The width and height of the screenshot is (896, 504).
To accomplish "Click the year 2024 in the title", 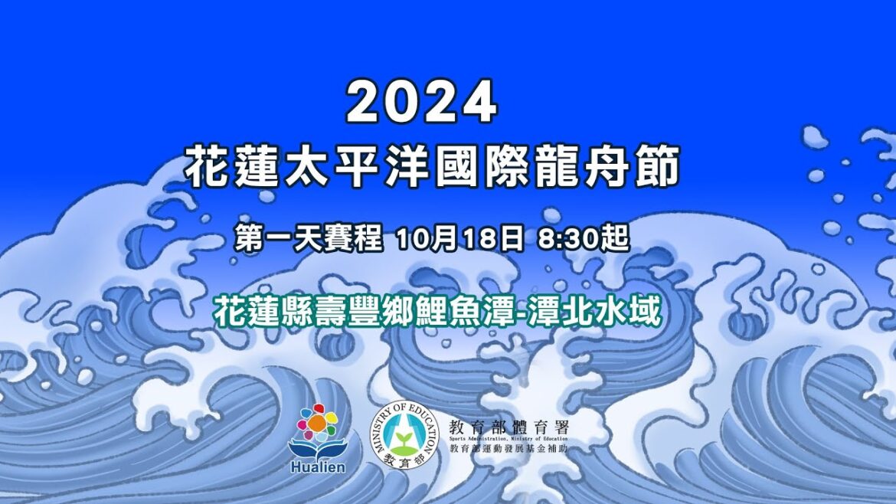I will click(422, 103).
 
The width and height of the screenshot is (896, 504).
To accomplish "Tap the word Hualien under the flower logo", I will click(317, 467).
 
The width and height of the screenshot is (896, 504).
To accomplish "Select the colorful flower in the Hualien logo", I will click(318, 422).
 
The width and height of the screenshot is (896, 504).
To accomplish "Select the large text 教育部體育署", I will click(508, 426).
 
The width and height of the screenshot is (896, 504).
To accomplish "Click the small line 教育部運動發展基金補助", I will click(508, 448).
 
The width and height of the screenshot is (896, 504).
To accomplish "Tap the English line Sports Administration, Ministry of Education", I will click(508, 438).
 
